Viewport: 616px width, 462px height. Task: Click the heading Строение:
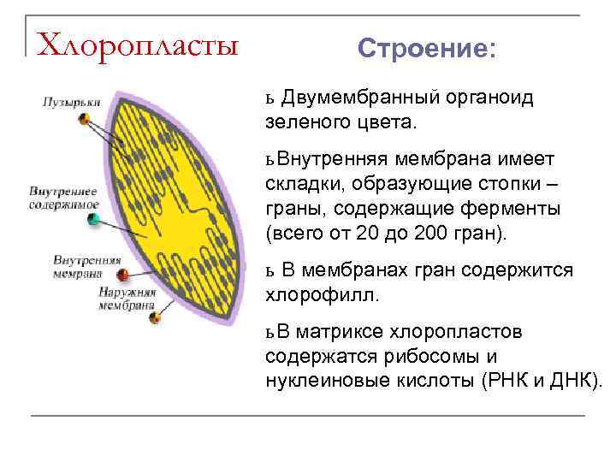point(425,48)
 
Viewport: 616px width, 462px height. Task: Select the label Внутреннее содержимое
point(63,198)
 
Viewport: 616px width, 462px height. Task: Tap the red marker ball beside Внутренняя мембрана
point(122,275)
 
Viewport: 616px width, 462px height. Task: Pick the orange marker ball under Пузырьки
point(86,119)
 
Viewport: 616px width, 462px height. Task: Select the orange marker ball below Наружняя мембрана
point(155,318)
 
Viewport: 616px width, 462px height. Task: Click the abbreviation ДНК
point(577,379)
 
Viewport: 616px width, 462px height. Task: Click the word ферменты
point(506,208)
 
